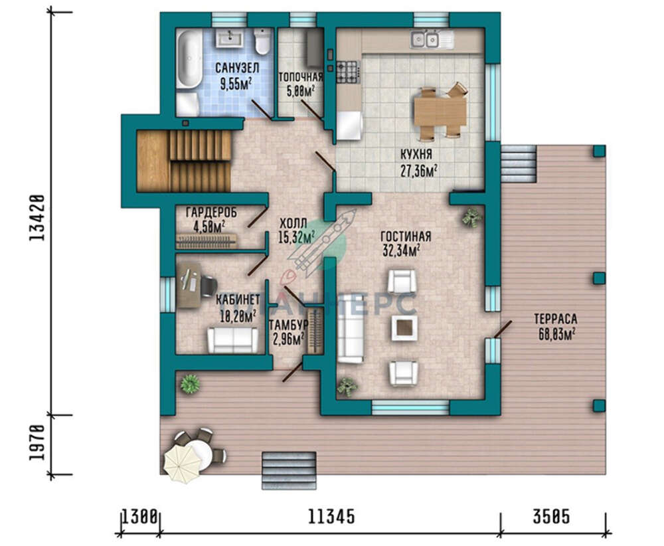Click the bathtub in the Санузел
click(x=189, y=59)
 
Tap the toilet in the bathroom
click(x=262, y=41)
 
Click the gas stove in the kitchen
click(x=349, y=72)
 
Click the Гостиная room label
click(x=406, y=236)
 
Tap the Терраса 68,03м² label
click(x=556, y=327)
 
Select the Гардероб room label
click(x=211, y=212)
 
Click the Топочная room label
click(x=301, y=77)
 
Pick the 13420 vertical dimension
click(x=37, y=218)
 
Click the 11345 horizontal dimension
click(x=331, y=517)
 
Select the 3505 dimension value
click(x=551, y=517)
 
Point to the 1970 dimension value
click(x=37, y=443)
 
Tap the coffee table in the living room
click(x=404, y=328)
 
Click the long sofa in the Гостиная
click(x=351, y=329)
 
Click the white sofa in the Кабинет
click(x=232, y=340)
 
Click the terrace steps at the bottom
click(x=290, y=470)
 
